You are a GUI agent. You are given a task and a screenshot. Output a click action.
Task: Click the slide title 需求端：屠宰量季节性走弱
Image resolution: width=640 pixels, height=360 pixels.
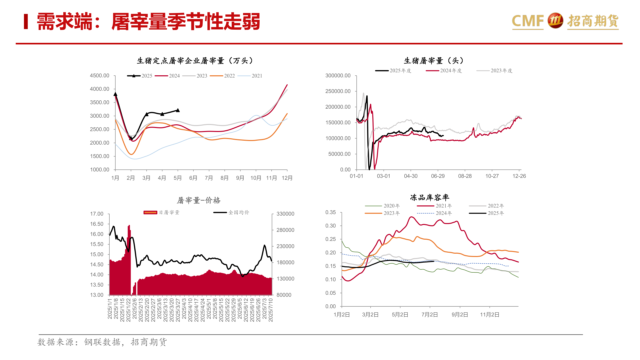point(148,22)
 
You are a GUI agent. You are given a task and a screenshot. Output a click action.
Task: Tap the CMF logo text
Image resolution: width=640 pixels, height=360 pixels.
point(528,21)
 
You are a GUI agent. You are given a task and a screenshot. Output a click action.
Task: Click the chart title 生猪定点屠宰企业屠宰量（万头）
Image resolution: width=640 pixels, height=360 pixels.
point(195,61)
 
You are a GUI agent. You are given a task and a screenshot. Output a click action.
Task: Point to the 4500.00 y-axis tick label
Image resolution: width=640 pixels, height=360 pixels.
point(99,76)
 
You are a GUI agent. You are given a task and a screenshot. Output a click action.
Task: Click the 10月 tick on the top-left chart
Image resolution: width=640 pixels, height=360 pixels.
point(256,178)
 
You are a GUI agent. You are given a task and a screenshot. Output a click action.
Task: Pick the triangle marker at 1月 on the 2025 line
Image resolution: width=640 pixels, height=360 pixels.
point(115,94)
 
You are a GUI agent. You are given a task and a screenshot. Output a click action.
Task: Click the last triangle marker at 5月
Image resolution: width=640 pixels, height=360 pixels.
point(178,110)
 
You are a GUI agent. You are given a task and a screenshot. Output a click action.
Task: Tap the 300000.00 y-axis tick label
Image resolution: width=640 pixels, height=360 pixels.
point(338,76)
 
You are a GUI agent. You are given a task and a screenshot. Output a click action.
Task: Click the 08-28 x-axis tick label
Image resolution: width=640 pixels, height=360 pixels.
point(465,176)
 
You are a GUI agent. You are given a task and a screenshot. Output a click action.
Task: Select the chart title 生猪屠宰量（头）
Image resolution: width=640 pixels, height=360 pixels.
point(434,61)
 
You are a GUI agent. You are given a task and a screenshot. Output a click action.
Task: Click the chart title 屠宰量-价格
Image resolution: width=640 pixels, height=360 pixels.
point(199,200)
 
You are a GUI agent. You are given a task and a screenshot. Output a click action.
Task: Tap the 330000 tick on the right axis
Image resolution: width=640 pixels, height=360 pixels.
point(285,214)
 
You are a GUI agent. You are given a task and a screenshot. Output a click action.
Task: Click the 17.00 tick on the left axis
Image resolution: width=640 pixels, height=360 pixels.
point(97,214)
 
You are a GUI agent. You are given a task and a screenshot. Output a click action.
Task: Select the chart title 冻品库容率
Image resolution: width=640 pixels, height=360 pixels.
point(430,198)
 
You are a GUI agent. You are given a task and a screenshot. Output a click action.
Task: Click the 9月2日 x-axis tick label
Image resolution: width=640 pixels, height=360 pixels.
point(460,315)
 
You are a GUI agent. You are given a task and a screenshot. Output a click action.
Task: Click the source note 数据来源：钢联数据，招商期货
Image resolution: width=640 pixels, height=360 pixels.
point(102,342)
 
